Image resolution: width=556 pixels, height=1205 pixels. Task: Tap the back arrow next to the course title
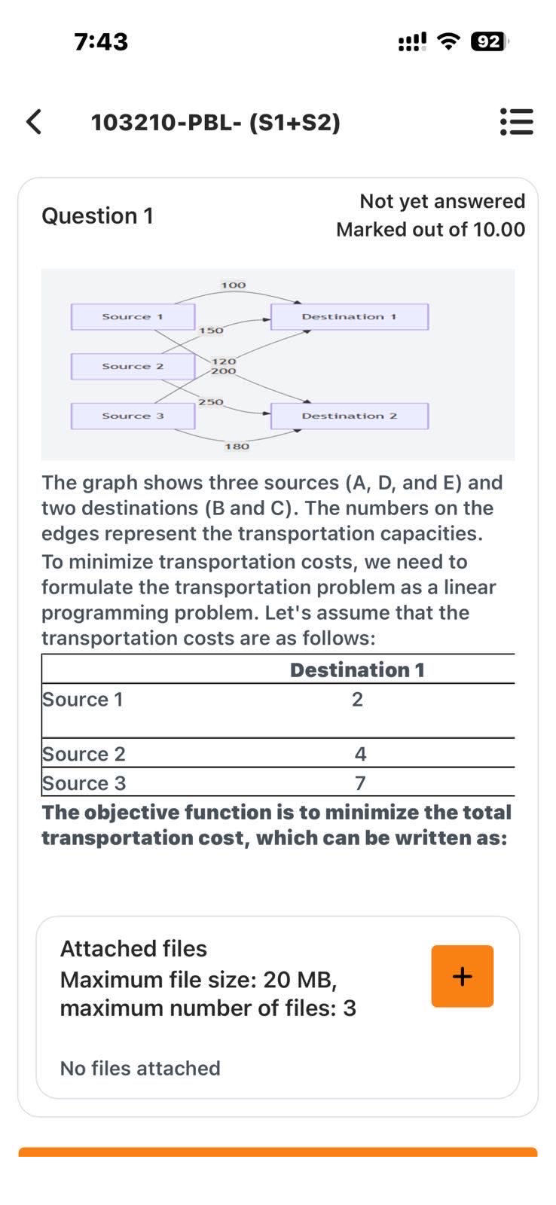tap(34, 121)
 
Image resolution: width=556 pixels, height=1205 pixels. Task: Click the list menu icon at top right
tap(517, 121)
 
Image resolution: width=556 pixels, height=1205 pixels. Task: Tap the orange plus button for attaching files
tap(462, 976)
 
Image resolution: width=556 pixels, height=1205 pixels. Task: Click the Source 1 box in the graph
tap(133, 316)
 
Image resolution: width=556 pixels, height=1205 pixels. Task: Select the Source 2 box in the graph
tap(133, 366)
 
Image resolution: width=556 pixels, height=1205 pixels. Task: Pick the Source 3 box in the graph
tap(133, 416)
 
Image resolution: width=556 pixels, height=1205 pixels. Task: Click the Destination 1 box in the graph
tap(349, 316)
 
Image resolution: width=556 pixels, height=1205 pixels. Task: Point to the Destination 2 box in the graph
tap(349, 416)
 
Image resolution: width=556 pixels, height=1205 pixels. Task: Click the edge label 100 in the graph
tap(234, 285)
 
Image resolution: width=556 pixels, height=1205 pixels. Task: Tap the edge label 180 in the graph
tap(237, 447)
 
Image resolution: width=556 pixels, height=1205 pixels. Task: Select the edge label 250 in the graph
tap(211, 402)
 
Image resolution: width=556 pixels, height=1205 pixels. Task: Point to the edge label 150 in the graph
tap(211, 331)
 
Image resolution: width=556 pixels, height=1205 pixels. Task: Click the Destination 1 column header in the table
tap(357, 670)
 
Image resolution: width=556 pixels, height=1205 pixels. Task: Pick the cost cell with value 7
tap(360, 783)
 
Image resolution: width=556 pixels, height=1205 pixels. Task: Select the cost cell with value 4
tap(360, 754)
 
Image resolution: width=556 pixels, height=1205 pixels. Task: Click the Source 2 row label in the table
tap(84, 754)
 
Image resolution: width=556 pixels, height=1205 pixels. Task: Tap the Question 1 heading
tap(97, 216)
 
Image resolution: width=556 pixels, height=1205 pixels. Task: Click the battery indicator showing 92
tap(488, 41)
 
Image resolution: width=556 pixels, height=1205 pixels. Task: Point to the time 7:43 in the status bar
tap(101, 41)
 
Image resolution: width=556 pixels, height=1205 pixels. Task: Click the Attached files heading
tap(133, 948)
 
